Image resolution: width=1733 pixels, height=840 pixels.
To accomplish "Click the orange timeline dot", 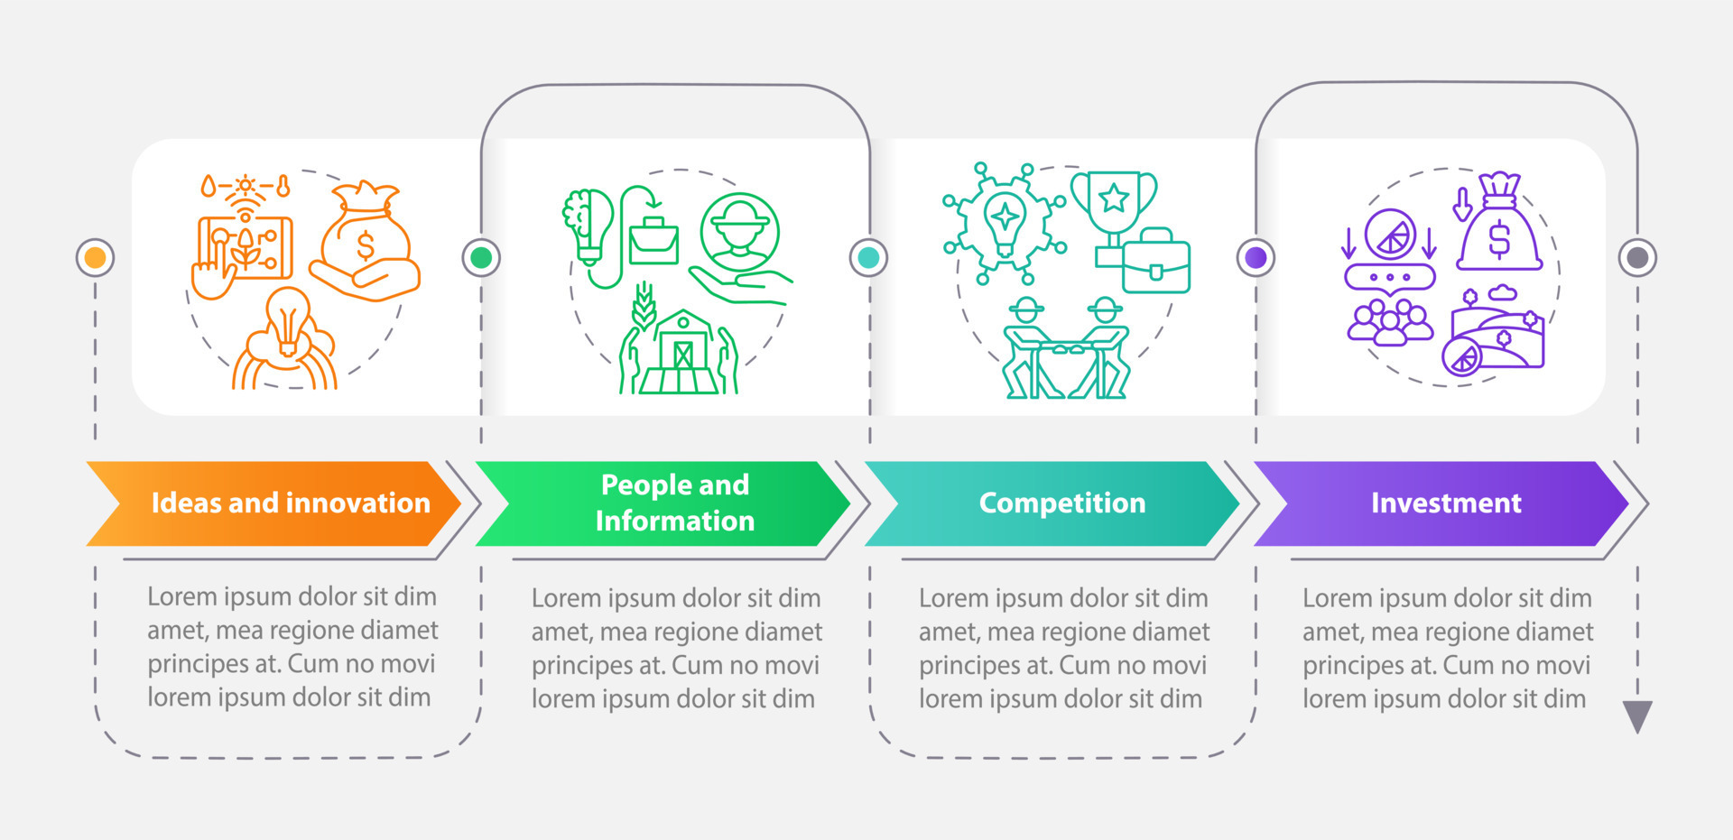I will [95, 258].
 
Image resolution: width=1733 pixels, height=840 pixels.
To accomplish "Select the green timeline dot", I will [481, 258].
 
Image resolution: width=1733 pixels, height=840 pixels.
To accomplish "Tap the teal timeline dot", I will [868, 258].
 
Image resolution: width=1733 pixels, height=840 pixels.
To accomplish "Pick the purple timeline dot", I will [1256, 258].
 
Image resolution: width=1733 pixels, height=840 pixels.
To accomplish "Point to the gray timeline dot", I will [1637, 258].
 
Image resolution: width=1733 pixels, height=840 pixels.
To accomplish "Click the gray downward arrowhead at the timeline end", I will [1637, 716].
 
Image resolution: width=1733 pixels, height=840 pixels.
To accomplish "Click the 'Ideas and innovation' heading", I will [291, 503].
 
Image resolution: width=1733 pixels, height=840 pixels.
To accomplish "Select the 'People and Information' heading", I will [675, 503].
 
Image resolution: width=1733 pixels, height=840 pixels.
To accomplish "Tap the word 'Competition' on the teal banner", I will [1062, 503].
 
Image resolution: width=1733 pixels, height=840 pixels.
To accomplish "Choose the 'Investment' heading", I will [1446, 503].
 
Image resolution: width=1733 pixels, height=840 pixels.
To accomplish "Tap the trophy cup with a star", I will [1114, 204].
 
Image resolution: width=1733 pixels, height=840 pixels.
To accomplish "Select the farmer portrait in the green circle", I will [739, 231].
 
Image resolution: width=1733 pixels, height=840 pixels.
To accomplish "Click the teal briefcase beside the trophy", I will [1155, 262].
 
